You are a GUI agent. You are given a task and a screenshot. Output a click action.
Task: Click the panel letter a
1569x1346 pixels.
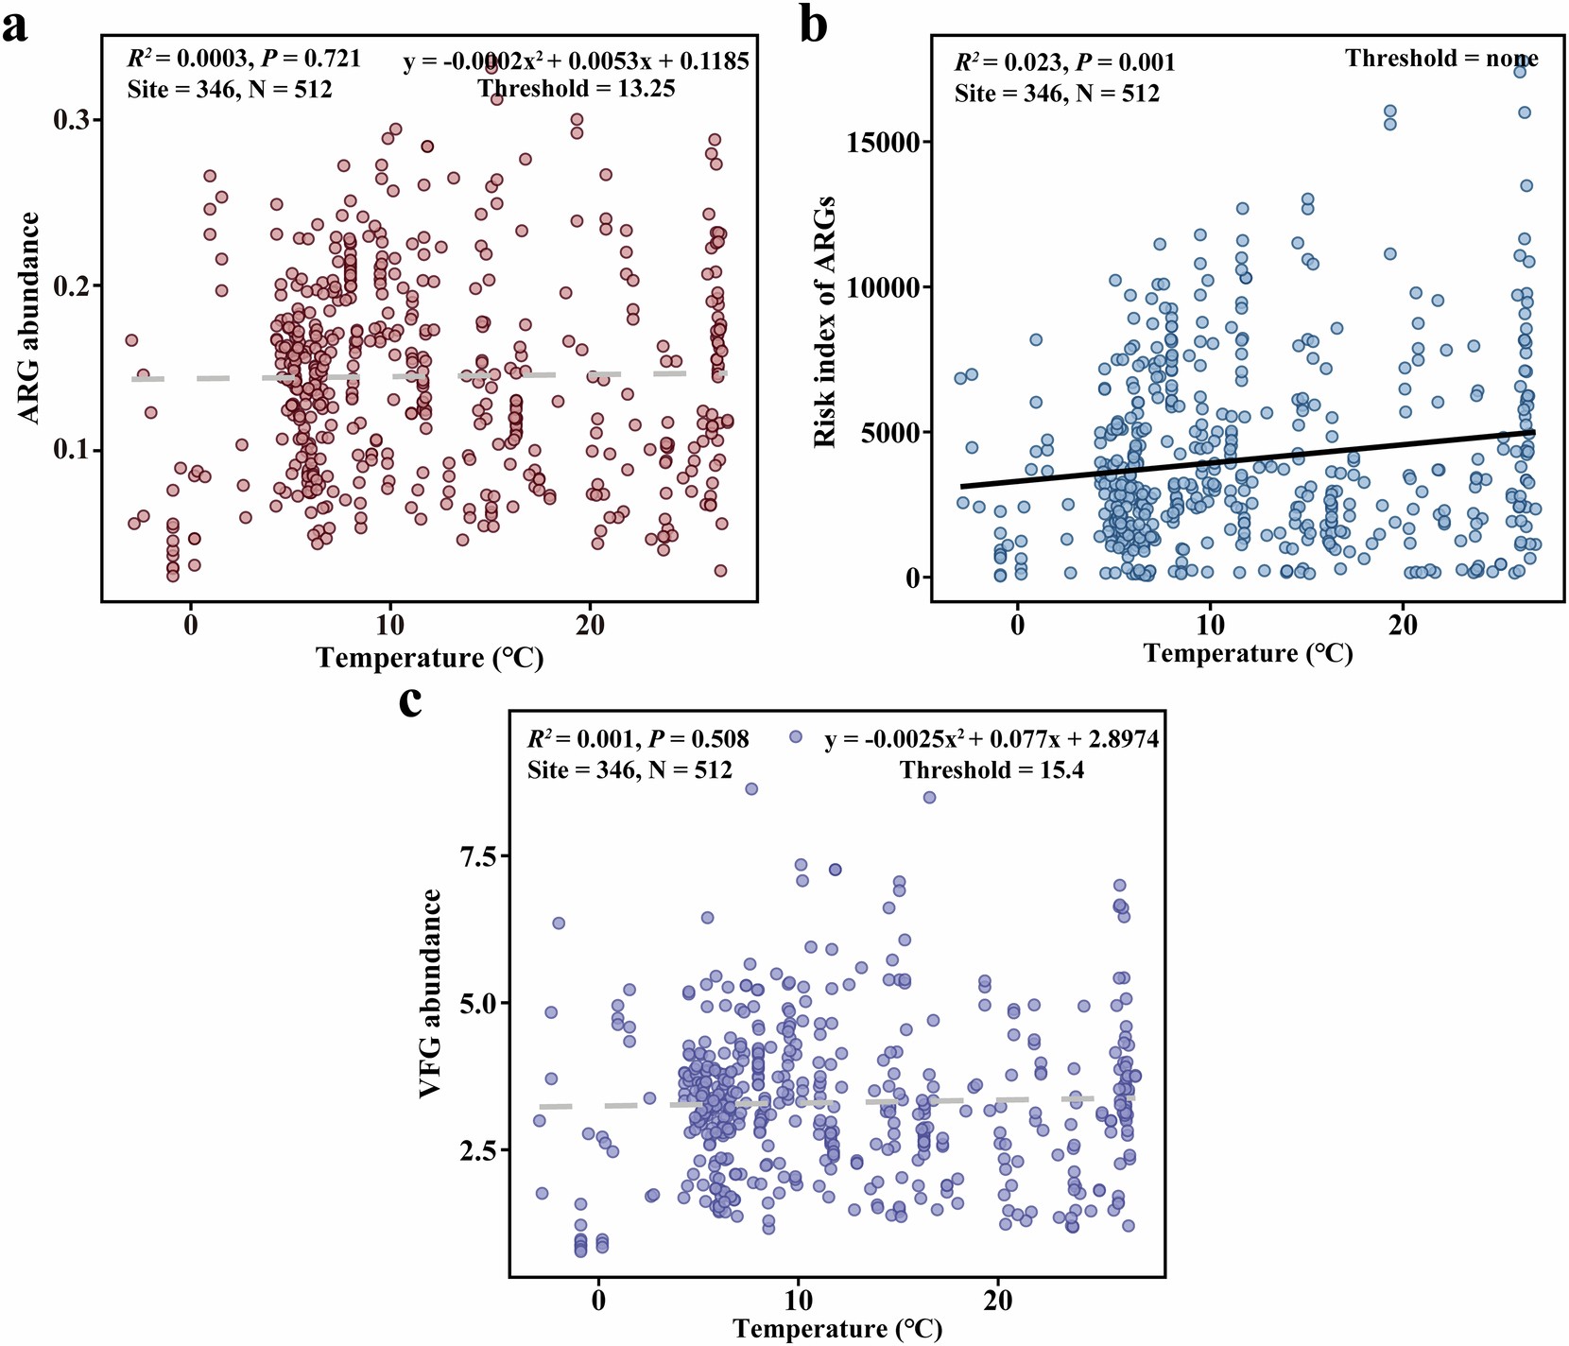pos(15,25)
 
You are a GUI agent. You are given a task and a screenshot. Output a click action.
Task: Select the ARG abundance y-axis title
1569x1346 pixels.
pos(30,318)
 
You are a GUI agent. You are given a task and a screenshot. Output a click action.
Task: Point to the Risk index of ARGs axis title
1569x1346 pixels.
pos(825,321)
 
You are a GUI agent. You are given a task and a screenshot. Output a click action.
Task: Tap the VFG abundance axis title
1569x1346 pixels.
pos(431,992)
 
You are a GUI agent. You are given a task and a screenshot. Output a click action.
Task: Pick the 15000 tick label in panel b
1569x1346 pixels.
pos(876,143)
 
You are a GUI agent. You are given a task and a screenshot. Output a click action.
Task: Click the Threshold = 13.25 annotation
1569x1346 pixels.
pos(576,89)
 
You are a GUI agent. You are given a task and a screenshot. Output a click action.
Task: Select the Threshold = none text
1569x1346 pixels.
pos(1441,59)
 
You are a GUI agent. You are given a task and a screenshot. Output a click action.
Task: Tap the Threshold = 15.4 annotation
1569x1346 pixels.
pos(991,770)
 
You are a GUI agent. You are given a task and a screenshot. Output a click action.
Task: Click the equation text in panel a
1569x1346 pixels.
pos(576,61)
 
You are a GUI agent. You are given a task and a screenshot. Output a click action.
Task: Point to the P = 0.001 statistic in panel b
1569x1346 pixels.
pos(1126,62)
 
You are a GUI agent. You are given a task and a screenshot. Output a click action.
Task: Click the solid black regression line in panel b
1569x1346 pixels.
pos(1248,459)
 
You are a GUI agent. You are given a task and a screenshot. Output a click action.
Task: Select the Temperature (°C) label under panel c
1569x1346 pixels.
pos(836,1328)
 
